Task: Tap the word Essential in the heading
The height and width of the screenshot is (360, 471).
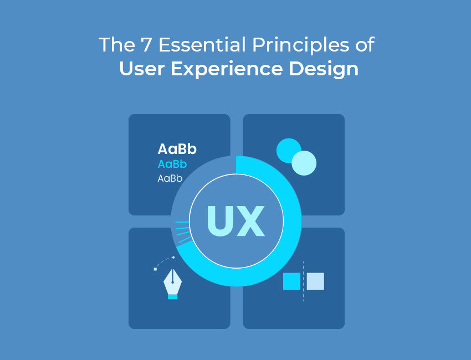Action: pos(202,45)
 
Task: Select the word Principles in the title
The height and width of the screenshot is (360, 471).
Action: pos(301,45)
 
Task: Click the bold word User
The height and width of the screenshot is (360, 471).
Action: pos(142,69)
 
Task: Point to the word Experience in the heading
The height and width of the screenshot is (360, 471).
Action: pos(227,69)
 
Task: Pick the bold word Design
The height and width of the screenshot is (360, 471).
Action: pos(324,69)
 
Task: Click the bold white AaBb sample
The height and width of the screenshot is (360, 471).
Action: pos(177,149)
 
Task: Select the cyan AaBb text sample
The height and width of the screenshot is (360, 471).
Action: pos(172,164)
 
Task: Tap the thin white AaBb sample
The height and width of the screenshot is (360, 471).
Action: pos(170,178)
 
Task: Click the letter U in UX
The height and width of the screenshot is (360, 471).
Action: pos(221,220)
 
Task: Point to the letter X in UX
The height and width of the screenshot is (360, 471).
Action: pos(250,220)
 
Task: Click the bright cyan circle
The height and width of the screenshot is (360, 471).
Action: pos(286,149)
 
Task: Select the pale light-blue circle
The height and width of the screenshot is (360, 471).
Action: pos(304,163)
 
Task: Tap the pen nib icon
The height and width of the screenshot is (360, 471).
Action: pos(172,284)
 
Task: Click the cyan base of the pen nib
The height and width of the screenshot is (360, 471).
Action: pos(172,297)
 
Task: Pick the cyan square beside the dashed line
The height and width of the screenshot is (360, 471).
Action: pos(291,281)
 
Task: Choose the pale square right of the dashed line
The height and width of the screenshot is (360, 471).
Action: pos(315,281)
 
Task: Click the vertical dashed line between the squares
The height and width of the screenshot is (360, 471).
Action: pos(304,281)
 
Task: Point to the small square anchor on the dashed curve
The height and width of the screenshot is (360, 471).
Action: pos(155,269)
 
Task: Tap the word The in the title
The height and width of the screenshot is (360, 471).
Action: pos(117,45)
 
